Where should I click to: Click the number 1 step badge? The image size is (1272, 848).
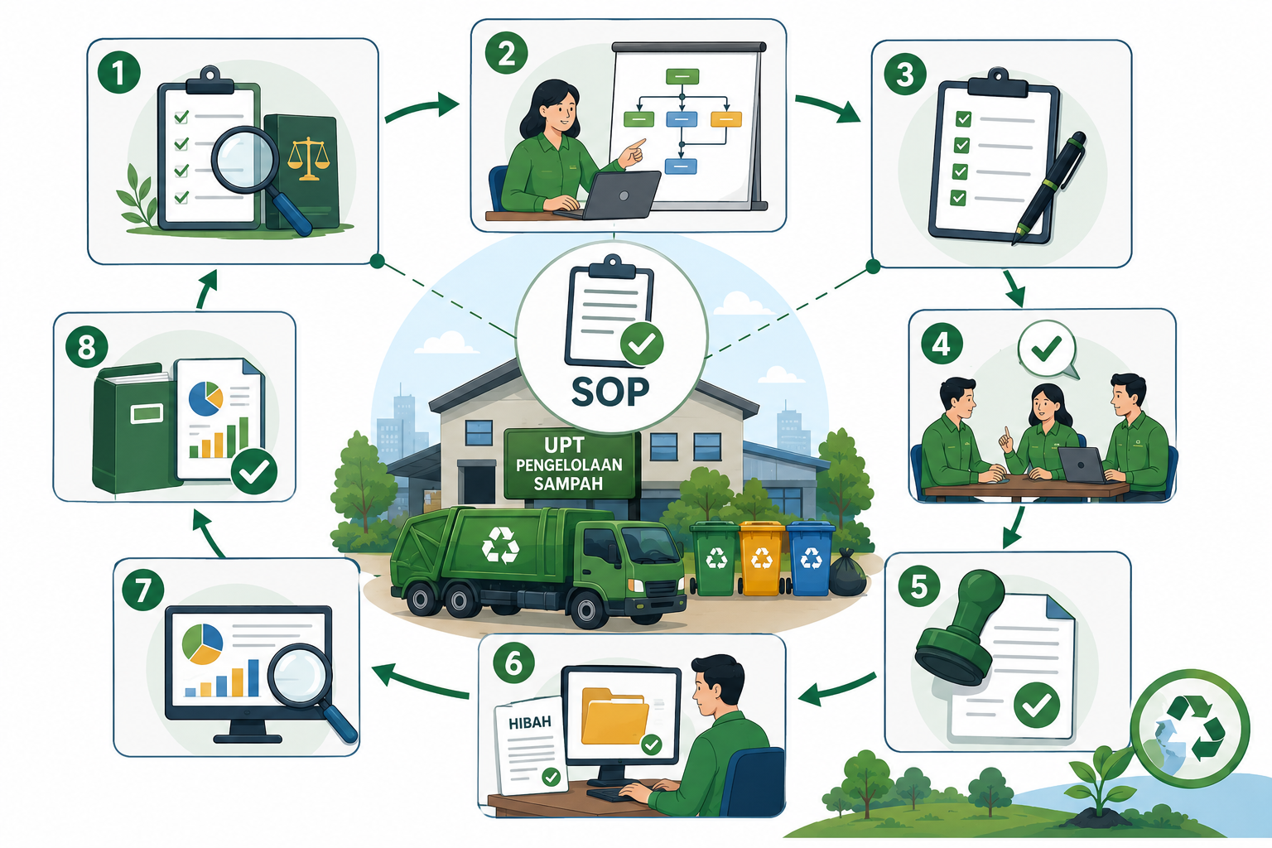(x=118, y=72)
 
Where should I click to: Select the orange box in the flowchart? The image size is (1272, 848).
(x=726, y=118)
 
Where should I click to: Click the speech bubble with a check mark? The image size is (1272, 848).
(x=1048, y=349)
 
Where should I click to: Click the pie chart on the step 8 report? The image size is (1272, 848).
(x=205, y=398)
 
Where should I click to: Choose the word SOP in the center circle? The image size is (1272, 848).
(x=610, y=392)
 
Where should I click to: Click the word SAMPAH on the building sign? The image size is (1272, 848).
(x=568, y=484)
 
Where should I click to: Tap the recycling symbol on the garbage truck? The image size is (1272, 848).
(x=499, y=545)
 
